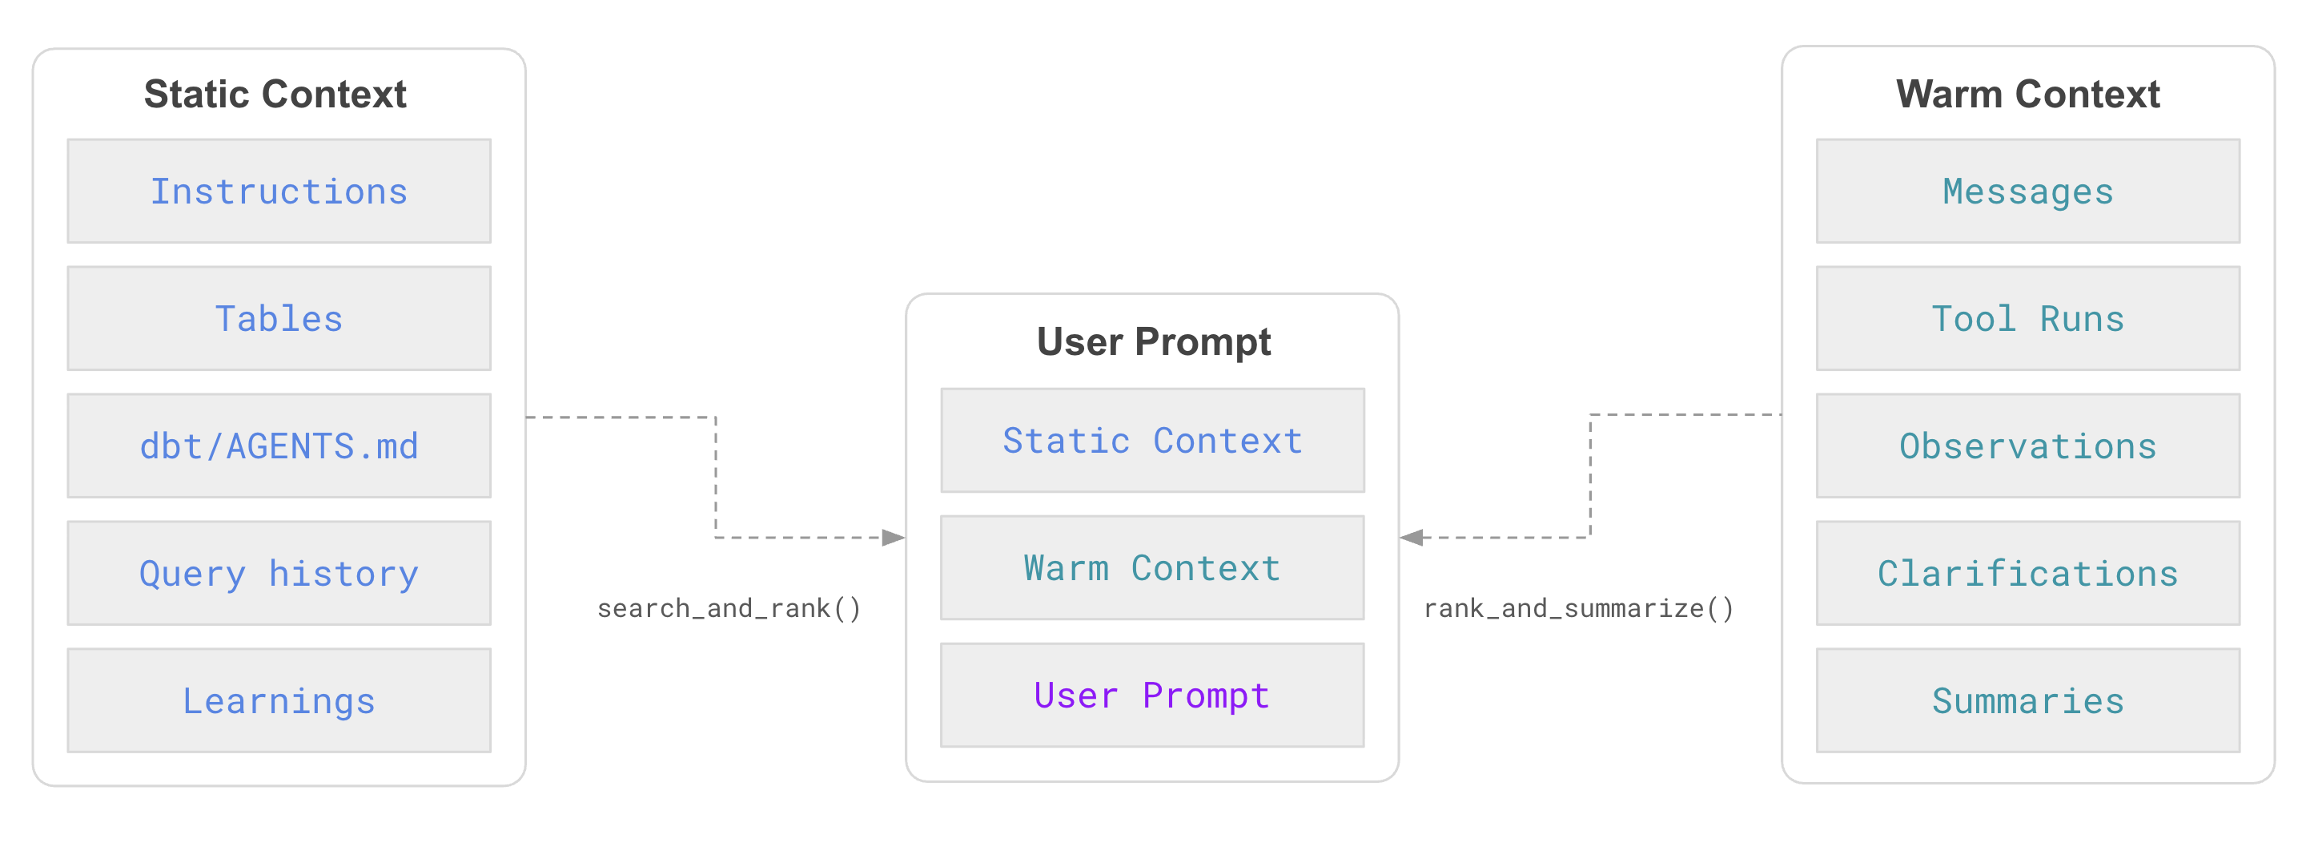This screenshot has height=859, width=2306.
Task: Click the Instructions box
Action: click(279, 191)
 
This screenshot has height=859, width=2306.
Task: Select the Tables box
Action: click(279, 318)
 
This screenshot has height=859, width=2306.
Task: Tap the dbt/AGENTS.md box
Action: click(279, 446)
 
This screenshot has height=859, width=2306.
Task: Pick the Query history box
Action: click(279, 572)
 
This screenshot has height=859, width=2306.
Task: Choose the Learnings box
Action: click(279, 700)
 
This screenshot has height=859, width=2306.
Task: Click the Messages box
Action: click(2027, 191)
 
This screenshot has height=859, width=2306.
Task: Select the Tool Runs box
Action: click(2027, 318)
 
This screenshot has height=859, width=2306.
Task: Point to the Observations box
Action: click(2027, 446)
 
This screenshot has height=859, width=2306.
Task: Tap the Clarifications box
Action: click(2027, 572)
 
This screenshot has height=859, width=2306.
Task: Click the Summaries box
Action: click(2027, 700)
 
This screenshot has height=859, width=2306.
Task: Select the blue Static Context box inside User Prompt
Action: click(1152, 440)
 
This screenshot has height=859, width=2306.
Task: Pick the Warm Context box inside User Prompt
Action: click(1152, 567)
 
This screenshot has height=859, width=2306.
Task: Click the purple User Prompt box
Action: click(1152, 694)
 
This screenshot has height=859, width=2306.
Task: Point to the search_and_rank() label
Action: click(729, 608)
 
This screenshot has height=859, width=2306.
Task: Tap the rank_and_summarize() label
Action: click(1578, 608)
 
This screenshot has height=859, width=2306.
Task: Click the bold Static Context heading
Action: click(275, 94)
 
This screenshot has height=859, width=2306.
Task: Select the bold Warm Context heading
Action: click(2027, 94)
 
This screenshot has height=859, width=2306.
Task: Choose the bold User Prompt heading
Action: click(1153, 341)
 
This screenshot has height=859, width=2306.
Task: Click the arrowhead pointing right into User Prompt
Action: click(894, 538)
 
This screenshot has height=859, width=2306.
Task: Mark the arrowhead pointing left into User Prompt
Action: click(1412, 538)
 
